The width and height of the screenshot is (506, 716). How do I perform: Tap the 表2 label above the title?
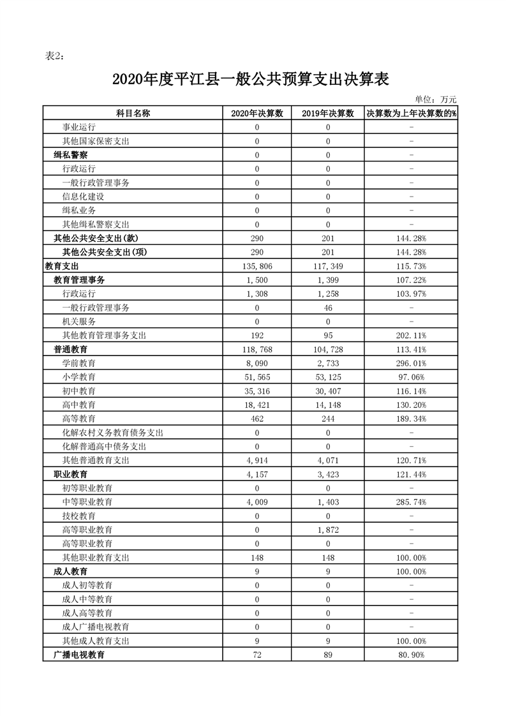pyautogui.click(x=54, y=56)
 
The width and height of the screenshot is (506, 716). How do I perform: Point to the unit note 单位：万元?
pyautogui.click(x=436, y=99)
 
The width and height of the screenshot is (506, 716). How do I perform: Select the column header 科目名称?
pyautogui.click(x=133, y=113)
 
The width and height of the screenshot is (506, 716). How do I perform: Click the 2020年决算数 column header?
pyautogui.click(x=257, y=113)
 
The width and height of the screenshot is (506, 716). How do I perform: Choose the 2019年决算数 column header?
pyautogui.click(x=328, y=113)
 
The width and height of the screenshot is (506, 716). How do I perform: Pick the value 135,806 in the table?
pyautogui.click(x=257, y=266)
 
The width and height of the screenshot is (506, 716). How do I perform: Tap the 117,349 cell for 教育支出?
pyautogui.click(x=328, y=266)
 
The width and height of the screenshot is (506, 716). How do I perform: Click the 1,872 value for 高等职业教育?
pyautogui.click(x=328, y=530)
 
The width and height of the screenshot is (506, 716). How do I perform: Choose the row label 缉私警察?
pyautogui.click(x=71, y=155)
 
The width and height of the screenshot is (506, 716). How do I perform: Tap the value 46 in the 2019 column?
pyautogui.click(x=328, y=308)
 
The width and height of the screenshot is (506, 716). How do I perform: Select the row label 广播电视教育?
pyautogui.click(x=79, y=655)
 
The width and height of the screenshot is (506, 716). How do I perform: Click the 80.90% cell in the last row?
pyautogui.click(x=411, y=655)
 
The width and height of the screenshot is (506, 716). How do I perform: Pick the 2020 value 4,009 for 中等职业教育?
pyautogui.click(x=257, y=502)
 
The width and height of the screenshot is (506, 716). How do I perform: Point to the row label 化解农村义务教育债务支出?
pyautogui.click(x=113, y=433)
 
